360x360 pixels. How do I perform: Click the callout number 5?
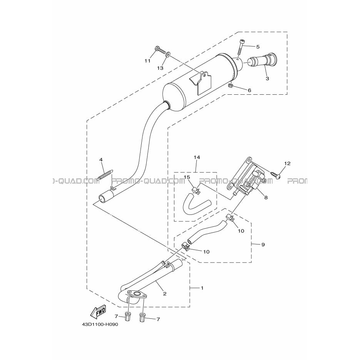click(x=258, y=47)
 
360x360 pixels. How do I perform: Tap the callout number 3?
click(x=267, y=79)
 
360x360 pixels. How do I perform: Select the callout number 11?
click(x=147, y=61)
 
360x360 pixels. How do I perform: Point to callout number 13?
click(x=160, y=68)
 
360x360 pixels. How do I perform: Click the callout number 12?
click(x=287, y=164)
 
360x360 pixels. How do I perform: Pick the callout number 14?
click(x=197, y=157)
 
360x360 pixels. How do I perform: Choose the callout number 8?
click(x=266, y=198)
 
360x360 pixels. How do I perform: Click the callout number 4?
click(x=100, y=159)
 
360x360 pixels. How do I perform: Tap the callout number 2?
click(x=165, y=294)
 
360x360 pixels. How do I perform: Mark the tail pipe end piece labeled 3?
click(x=263, y=60)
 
